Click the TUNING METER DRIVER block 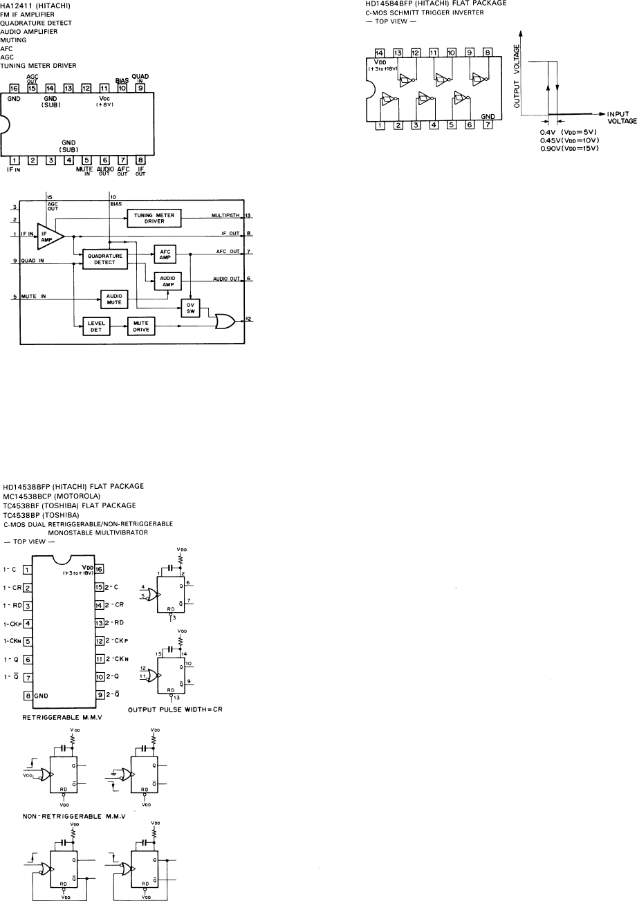pos(153,219)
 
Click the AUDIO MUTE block pos(115,298)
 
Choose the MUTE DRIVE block pos(141,325)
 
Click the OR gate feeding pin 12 pos(225,321)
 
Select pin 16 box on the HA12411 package pos(15,89)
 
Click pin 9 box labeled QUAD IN pos(141,89)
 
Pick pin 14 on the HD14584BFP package pos(379,53)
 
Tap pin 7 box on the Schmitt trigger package pos(488,125)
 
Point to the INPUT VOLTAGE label pos(620,117)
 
